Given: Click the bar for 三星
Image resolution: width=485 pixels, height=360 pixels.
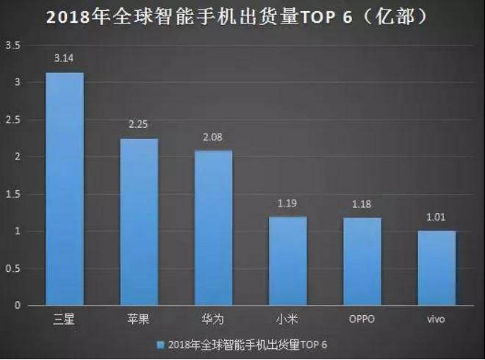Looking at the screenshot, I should [x=65, y=189].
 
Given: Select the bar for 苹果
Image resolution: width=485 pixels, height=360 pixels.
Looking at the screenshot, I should [x=139, y=222].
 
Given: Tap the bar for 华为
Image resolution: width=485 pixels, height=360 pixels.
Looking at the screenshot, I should [x=213, y=228].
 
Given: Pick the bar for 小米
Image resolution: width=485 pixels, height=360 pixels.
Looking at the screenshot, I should [x=287, y=261].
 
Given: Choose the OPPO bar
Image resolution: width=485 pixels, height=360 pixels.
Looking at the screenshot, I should [x=362, y=262].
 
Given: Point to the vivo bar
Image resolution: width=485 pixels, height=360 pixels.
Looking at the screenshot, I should [x=436, y=268].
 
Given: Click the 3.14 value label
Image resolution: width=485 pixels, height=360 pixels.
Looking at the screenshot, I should [x=65, y=57].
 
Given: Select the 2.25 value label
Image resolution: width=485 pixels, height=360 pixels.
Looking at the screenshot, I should [x=139, y=124].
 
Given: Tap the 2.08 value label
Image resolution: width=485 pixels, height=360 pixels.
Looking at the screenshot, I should [x=213, y=137].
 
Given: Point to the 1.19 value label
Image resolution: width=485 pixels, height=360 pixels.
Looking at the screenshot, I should [x=287, y=203].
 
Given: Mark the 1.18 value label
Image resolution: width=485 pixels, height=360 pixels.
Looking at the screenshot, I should [x=362, y=204].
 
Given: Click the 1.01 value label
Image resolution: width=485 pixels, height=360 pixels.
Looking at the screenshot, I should [x=436, y=217].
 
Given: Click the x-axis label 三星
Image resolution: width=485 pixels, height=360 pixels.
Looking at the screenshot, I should [x=65, y=320].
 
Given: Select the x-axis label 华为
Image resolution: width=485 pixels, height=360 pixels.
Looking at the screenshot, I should [x=213, y=320].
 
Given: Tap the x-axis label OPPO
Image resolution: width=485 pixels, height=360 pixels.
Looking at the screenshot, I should [x=362, y=320].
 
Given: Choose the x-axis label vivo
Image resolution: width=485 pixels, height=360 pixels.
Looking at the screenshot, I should [x=436, y=320].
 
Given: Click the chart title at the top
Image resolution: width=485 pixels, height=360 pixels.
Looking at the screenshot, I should [x=242, y=15].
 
